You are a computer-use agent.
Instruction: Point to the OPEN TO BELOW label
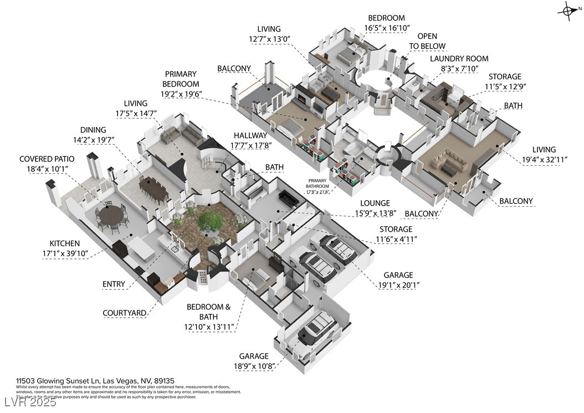coord(427,42)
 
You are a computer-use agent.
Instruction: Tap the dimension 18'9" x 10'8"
coord(253,366)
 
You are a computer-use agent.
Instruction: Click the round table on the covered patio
coord(111,214)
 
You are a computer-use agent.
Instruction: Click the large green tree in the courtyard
coord(210,221)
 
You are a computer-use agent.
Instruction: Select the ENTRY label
coord(114,284)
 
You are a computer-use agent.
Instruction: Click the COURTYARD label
coord(125,313)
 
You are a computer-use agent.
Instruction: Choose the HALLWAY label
coord(251,135)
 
